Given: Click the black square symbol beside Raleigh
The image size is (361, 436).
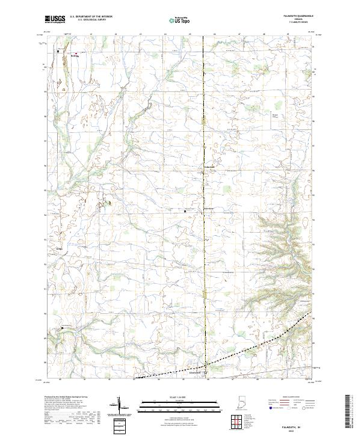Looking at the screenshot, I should (58, 52).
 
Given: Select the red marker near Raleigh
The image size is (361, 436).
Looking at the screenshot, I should (76, 54).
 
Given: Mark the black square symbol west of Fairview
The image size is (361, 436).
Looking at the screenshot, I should (185, 211).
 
